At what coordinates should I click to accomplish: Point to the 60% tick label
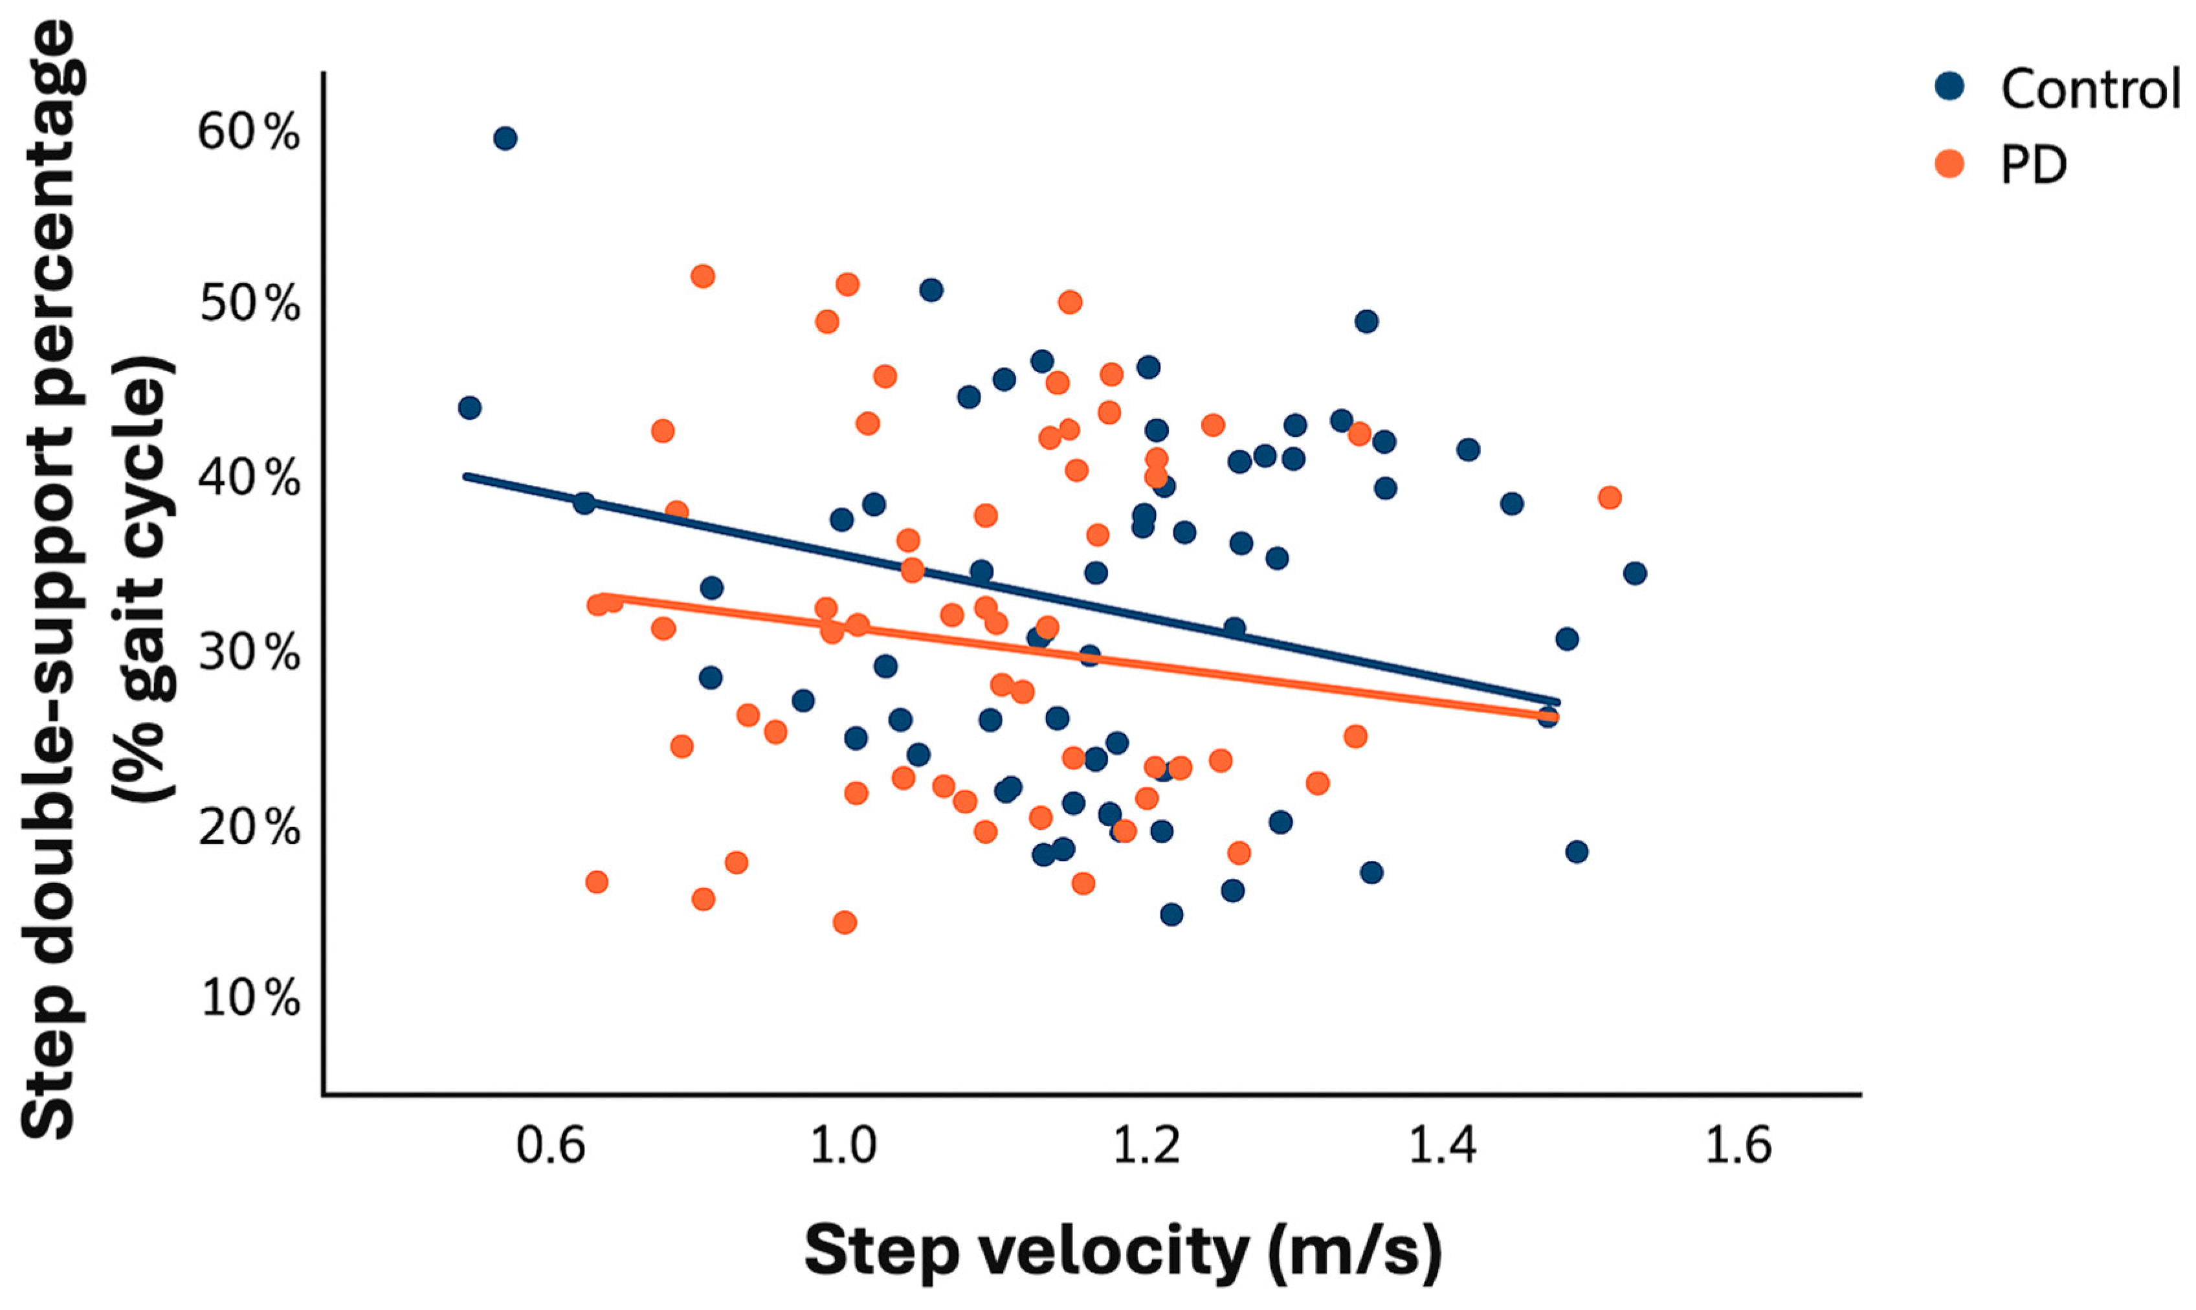pyautogui.click(x=248, y=133)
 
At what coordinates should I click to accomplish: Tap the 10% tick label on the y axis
pyautogui.click(x=250, y=999)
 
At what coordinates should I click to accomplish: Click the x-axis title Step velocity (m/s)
pyautogui.click(x=1123, y=1251)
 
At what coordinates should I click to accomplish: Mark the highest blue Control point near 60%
pyautogui.click(x=505, y=139)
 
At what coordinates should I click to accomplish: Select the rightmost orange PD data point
pyautogui.click(x=1609, y=498)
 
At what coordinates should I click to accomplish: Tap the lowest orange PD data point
pyautogui.click(x=845, y=922)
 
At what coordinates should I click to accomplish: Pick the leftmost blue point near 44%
pyautogui.click(x=470, y=408)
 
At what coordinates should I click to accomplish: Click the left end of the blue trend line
pyautogui.click(x=467, y=476)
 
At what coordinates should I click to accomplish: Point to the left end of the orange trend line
pyautogui.click(x=603, y=597)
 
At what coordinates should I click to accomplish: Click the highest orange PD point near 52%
pyautogui.click(x=703, y=276)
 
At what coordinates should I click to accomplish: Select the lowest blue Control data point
pyautogui.click(x=1171, y=915)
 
